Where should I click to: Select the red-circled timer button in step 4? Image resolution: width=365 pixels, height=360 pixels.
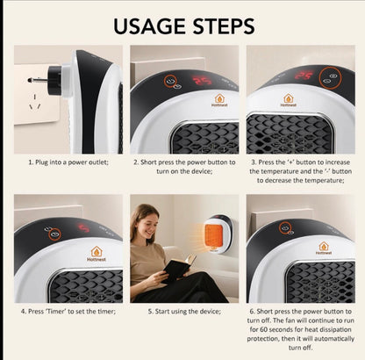coord(54,235)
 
